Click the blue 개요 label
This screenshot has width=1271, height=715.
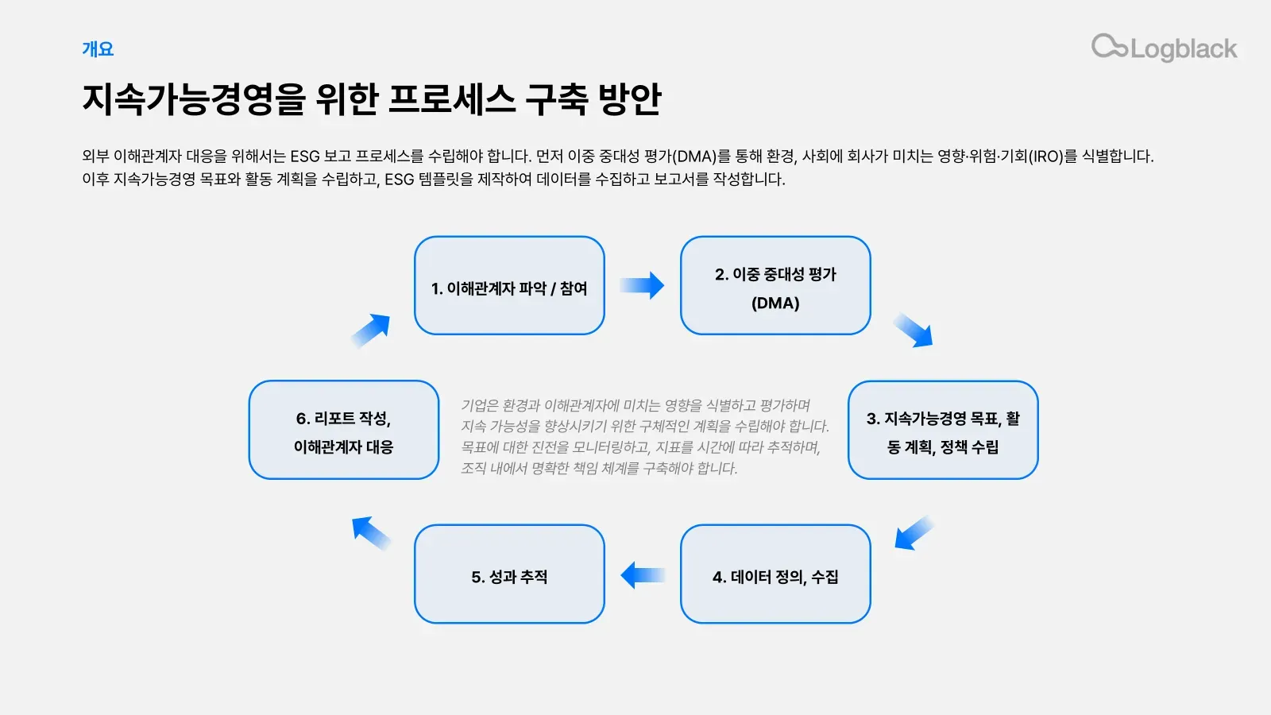click(x=98, y=49)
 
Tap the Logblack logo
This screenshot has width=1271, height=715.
click(x=1164, y=48)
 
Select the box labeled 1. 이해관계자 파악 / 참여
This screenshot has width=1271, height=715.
click(x=509, y=286)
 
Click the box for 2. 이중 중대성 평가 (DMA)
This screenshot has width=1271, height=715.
click(x=775, y=286)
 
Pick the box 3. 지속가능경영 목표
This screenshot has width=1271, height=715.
click(x=943, y=430)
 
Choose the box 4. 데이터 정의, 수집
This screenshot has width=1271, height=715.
click(x=775, y=574)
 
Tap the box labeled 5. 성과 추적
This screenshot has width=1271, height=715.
click(x=509, y=574)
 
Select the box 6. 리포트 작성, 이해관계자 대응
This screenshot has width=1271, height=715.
click(x=343, y=430)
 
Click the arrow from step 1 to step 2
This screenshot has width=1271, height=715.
click(x=642, y=285)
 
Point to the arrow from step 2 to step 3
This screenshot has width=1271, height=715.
click(x=914, y=330)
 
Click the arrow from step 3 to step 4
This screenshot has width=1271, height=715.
click(x=914, y=532)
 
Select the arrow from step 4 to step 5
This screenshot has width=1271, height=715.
click(x=642, y=574)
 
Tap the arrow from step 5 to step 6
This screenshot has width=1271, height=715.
click(x=371, y=532)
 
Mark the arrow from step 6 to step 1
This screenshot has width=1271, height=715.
click(x=371, y=330)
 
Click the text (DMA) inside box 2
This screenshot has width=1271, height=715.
click(x=775, y=303)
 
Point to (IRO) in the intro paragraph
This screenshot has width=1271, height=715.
click(x=1045, y=157)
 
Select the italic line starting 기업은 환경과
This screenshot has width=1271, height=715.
click(x=635, y=405)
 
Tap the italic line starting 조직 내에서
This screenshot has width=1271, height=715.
click(x=599, y=468)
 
